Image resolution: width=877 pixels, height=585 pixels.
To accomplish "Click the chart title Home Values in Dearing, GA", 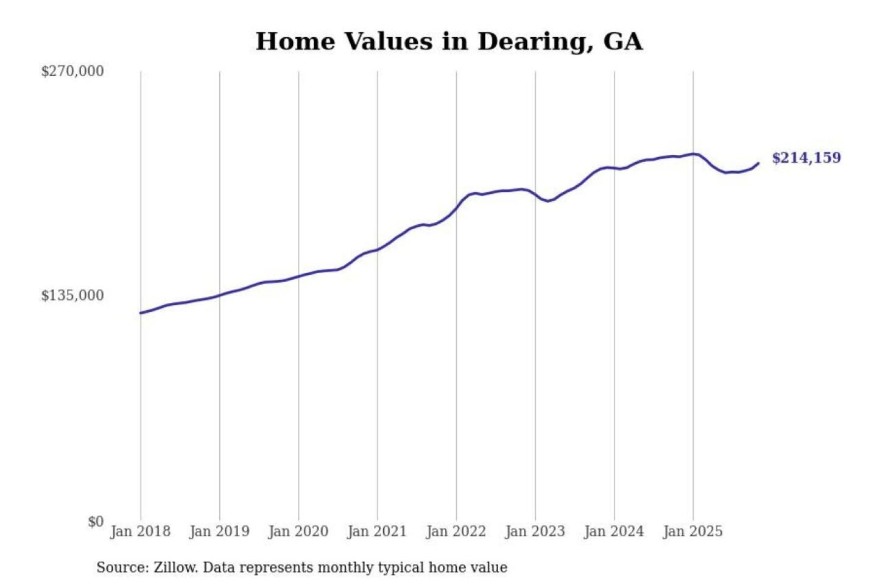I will point(449,41).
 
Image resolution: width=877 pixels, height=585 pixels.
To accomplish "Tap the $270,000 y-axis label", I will point(72,71).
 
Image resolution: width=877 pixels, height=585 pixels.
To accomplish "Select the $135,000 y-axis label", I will point(72,296).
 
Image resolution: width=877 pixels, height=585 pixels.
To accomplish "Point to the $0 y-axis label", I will point(96,522).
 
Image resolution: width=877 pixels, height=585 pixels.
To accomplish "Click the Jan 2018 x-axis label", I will point(140,531).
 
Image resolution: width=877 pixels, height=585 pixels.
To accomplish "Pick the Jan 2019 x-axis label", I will point(219,531).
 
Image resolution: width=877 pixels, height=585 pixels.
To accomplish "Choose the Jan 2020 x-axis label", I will point(298,531).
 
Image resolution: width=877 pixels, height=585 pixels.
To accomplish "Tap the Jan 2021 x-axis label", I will point(377,531).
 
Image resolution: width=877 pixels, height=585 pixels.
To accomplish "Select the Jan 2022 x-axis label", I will point(456,531).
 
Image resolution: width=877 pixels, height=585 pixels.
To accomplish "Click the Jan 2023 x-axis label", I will point(535,531).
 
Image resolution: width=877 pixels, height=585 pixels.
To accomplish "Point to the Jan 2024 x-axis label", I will point(613,531).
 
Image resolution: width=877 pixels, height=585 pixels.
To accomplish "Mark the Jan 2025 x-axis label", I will point(692,531).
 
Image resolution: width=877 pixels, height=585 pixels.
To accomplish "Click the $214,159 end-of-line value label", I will point(806,158).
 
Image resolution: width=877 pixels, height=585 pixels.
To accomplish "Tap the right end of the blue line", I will point(758,163).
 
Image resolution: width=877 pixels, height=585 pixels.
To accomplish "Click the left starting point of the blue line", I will point(141,313).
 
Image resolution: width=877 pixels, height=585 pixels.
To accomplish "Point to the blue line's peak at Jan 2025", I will point(693,154).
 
